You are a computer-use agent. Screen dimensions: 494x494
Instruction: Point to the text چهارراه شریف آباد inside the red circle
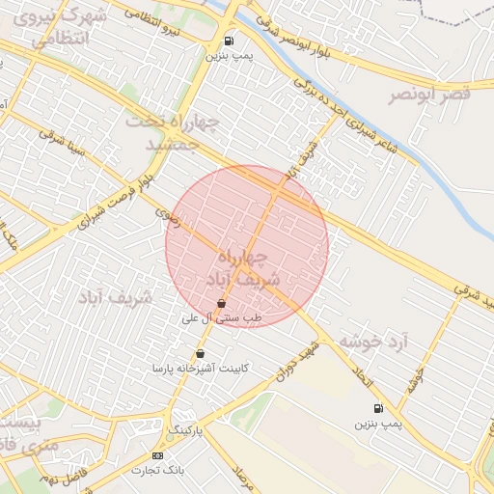point(247,267)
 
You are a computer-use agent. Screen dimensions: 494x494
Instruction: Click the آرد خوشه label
point(372,342)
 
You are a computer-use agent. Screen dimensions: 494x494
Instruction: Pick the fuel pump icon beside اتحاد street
point(377,408)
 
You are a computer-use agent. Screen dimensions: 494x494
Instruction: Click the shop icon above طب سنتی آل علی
point(222,303)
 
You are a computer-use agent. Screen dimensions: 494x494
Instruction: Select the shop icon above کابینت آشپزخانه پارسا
point(200,354)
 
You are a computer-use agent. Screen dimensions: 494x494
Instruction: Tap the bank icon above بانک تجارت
point(157,455)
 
